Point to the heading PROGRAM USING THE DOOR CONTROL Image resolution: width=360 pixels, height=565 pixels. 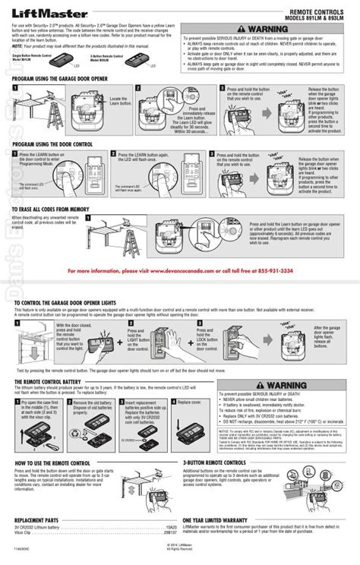(53, 143)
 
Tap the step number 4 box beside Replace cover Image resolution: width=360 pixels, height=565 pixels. (174, 402)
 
